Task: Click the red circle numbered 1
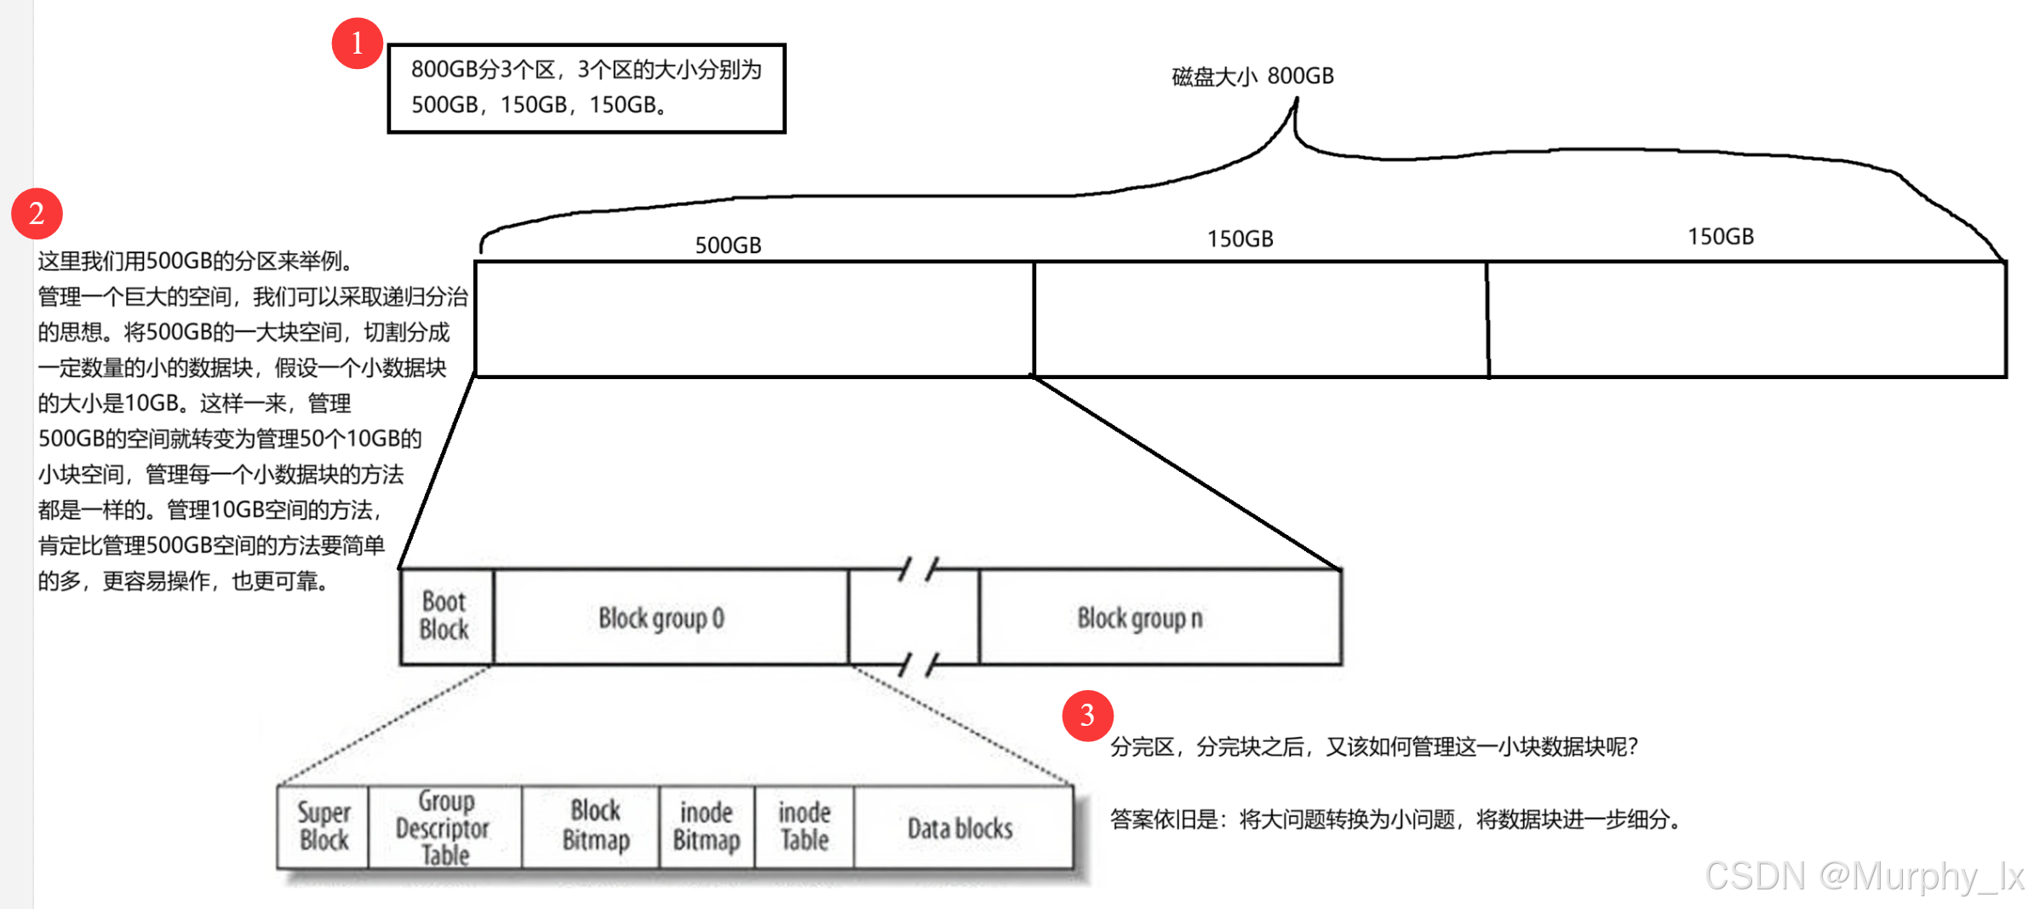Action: click(357, 43)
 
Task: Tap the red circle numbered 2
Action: click(37, 213)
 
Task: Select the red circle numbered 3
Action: click(1087, 716)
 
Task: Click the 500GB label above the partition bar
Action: click(728, 245)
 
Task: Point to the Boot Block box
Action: click(445, 616)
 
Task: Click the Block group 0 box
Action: click(662, 618)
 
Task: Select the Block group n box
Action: click(1141, 618)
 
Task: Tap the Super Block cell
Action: click(324, 826)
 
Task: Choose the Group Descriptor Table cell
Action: click(444, 827)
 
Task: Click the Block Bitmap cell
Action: click(595, 826)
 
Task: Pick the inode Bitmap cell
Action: click(706, 826)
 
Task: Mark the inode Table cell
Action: click(805, 826)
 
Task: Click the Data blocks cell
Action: click(960, 828)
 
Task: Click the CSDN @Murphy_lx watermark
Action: click(1864, 876)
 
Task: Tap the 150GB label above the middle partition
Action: click(1240, 239)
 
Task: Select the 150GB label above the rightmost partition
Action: click(1721, 237)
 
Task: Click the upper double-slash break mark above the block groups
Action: click(918, 569)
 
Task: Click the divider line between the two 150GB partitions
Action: click(1487, 319)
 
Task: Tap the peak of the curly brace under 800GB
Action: click(1296, 102)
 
